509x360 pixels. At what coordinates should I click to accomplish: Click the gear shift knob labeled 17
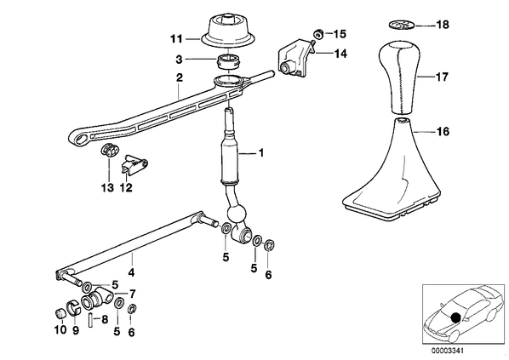[399, 78]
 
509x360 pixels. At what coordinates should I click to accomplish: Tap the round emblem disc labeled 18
[401, 25]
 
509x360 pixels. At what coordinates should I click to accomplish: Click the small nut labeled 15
[317, 33]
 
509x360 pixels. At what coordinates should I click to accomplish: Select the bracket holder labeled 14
[295, 58]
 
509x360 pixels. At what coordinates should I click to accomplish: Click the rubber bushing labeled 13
[110, 150]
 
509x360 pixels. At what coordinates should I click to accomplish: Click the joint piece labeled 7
[97, 300]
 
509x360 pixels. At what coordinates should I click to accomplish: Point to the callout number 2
[180, 78]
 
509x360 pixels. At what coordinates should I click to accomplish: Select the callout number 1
[260, 152]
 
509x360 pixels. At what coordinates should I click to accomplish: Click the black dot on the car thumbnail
[455, 317]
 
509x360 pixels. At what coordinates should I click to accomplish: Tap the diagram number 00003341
[448, 351]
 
